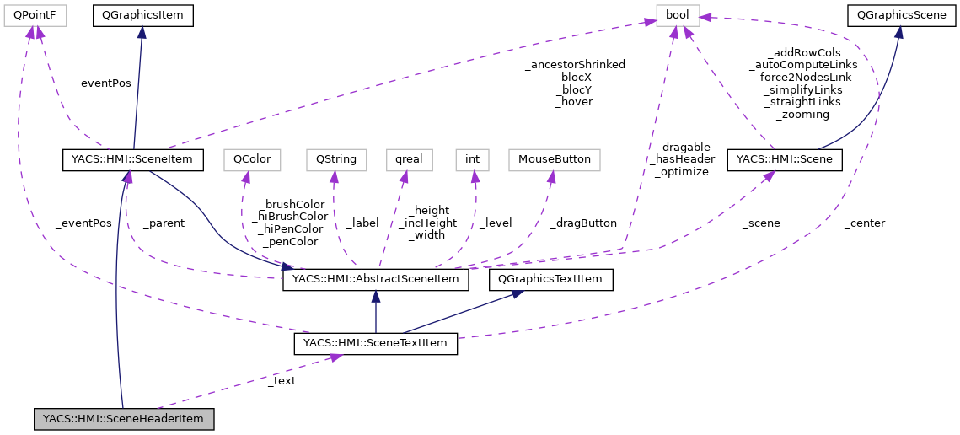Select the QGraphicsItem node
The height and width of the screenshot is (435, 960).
[x=142, y=14]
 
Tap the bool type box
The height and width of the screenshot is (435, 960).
[x=678, y=14]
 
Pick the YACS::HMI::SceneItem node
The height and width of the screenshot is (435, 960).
[x=133, y=158]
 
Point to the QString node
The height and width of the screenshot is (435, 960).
[x=336, y=158]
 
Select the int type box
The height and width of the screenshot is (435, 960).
[x=473, y=158]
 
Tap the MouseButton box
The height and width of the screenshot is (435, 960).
[x=554, y=158]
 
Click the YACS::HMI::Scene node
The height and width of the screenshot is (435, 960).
[x=784, y=158]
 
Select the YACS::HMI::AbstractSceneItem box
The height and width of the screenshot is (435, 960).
[x=375, y=280]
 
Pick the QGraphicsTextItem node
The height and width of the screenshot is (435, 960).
[x=551, y=280]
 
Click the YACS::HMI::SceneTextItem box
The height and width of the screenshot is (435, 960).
[x=375, y=343]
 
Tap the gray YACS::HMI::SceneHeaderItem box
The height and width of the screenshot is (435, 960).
[x=123, y=418]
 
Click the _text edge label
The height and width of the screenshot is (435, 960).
[x=281, y=380]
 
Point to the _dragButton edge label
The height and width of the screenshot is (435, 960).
[x=583, y=223]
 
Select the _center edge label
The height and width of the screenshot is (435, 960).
[x=864, y=223]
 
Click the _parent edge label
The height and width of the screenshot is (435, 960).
[x=163, y=223]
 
